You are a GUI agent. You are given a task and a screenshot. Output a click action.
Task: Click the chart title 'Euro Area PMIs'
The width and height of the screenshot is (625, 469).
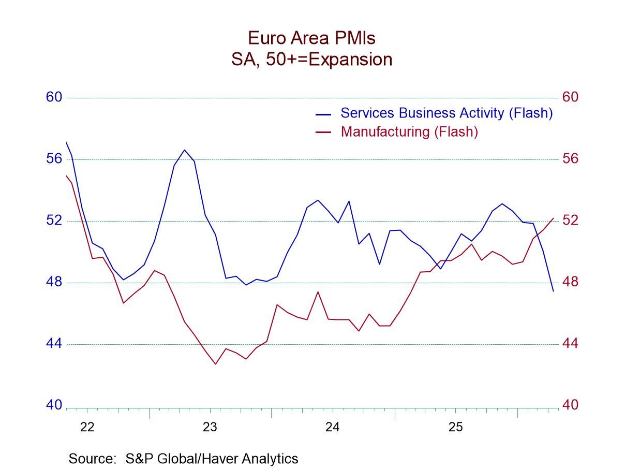(x=312, y=38)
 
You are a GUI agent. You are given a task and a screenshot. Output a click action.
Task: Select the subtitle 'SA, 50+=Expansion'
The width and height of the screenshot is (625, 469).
(x=312, y=60)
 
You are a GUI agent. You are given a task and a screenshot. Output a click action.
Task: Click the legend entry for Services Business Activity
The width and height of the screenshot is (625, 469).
(x=446, y=113)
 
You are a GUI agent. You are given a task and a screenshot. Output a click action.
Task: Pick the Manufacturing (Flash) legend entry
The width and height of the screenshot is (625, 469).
(x=409, y=131)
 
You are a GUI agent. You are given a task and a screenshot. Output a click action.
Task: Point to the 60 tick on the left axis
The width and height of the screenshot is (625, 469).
(x=54, y=97)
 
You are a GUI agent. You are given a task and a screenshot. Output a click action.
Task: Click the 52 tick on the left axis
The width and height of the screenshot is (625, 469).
(x=54, y=221)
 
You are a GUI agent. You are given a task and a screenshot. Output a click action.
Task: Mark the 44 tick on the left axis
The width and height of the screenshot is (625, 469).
(x=54, y=344)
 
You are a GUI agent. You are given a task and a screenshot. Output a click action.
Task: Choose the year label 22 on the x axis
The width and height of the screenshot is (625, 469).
(x=87, y=428)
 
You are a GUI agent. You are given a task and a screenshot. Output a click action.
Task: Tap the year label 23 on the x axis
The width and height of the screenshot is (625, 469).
(x=210, y=428)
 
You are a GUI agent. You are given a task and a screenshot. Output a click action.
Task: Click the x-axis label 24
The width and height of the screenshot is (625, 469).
(x=332, y=428)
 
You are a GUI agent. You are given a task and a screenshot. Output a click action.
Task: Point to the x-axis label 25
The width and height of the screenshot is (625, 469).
(x=455, y=428)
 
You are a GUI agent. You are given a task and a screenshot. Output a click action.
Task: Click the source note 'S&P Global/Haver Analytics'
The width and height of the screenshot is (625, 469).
(x=183, y=459)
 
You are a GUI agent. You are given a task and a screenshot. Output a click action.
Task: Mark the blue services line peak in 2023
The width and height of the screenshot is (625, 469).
(x=184, y=150)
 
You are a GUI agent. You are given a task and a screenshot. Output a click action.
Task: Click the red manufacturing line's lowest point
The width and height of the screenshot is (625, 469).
(x=216, y=364)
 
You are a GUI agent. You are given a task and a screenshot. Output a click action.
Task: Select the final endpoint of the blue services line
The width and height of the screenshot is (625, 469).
(x=553, y=291)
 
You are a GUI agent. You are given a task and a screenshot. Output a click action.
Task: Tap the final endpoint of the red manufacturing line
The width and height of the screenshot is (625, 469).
(x=553, y=218)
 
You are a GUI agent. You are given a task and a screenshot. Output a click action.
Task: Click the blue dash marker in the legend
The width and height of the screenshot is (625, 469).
(x=323, y=114)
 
